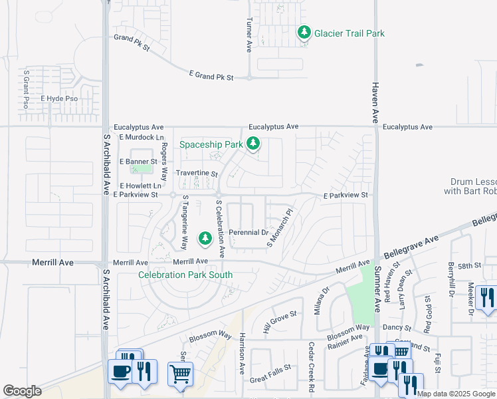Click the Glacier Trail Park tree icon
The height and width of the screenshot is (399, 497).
pyautogui.click(x=304, y=33)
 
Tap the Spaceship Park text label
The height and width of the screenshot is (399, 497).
pyautogui.click(x=211, y=144)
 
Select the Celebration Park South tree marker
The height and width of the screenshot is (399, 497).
pyautogui.click(x=205, y=237)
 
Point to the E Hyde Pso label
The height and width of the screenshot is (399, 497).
pyautogui.click(x=59, y=98)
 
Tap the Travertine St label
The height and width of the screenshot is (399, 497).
pyautogui.click(x=197, y=174)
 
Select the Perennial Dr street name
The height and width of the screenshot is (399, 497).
pyautogui.click(x=248, y=233)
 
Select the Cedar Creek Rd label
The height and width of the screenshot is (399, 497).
pyautogui.click(x=311, y=366)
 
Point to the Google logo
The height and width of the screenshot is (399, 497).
pyautogui.click(x=22, y=391)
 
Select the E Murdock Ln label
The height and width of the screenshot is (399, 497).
pyautogui.click(x=142, y=137)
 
